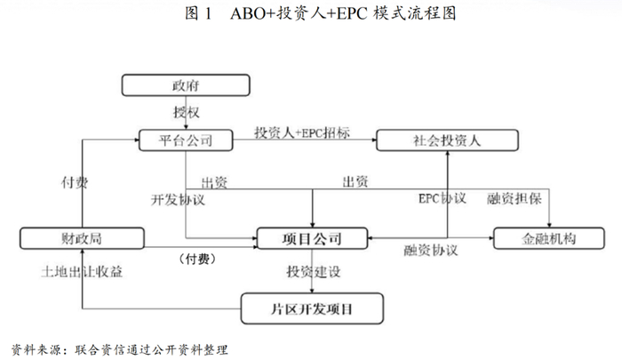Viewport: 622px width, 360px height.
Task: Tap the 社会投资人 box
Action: pos(445,139)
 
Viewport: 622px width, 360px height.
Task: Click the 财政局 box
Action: pos(82,238)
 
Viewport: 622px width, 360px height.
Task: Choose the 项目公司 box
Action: pos(312,238)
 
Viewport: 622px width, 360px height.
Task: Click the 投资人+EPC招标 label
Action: pos(302,132)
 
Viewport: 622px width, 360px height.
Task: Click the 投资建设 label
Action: pos(314,272)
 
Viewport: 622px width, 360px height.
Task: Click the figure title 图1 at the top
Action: pos(196,15)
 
